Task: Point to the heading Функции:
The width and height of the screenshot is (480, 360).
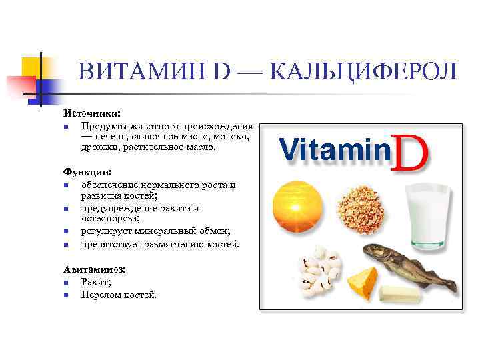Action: coord(88,171)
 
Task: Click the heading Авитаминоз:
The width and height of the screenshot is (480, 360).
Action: coord(95,270)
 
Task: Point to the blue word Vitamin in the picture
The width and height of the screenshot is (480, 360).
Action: coord(334,149)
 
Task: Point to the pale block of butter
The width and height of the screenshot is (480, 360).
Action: coord(400,294)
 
